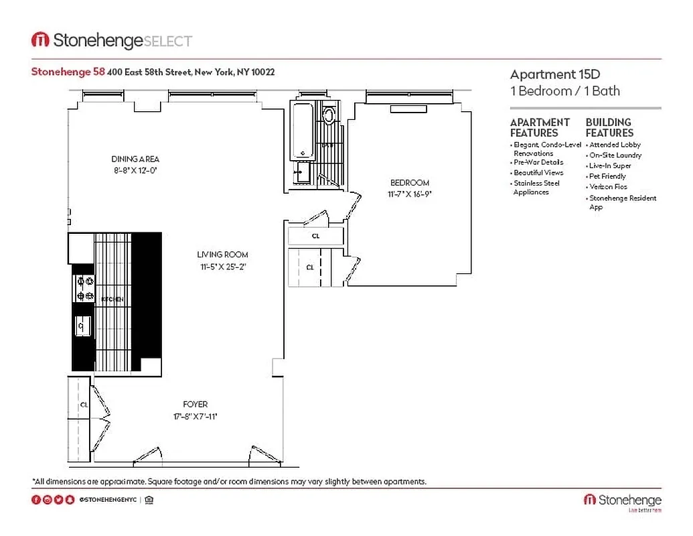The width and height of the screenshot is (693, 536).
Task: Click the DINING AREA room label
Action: click(135, 159)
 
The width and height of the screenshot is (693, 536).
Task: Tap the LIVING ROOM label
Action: click(222, 255)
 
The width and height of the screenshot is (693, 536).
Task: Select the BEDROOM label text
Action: click(410, 183)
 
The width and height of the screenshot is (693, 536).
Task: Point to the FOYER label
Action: click(196, 405)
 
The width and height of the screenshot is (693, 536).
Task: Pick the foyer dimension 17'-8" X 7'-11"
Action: click(196, 416)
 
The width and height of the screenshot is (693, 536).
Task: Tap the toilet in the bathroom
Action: click(329, 115)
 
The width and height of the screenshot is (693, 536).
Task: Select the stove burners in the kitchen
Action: click(85, 288)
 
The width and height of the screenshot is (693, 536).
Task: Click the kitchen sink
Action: click(82, 326)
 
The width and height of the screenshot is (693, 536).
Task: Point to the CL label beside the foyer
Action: click(84, 405)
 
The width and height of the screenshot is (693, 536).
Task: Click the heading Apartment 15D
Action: click(550, 74)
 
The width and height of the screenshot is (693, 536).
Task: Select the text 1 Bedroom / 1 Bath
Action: click(564, 91)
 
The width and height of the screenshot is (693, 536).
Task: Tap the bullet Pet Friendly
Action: click(607, 176)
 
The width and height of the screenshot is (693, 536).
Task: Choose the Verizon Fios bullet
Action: click(608, 187)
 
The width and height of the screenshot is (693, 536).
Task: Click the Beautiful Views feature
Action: click(538, 173)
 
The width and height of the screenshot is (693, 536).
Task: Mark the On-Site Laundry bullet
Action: click(615, 155)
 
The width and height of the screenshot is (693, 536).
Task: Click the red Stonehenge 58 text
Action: click(68, 72)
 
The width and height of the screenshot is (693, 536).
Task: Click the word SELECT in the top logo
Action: click(168, 42)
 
